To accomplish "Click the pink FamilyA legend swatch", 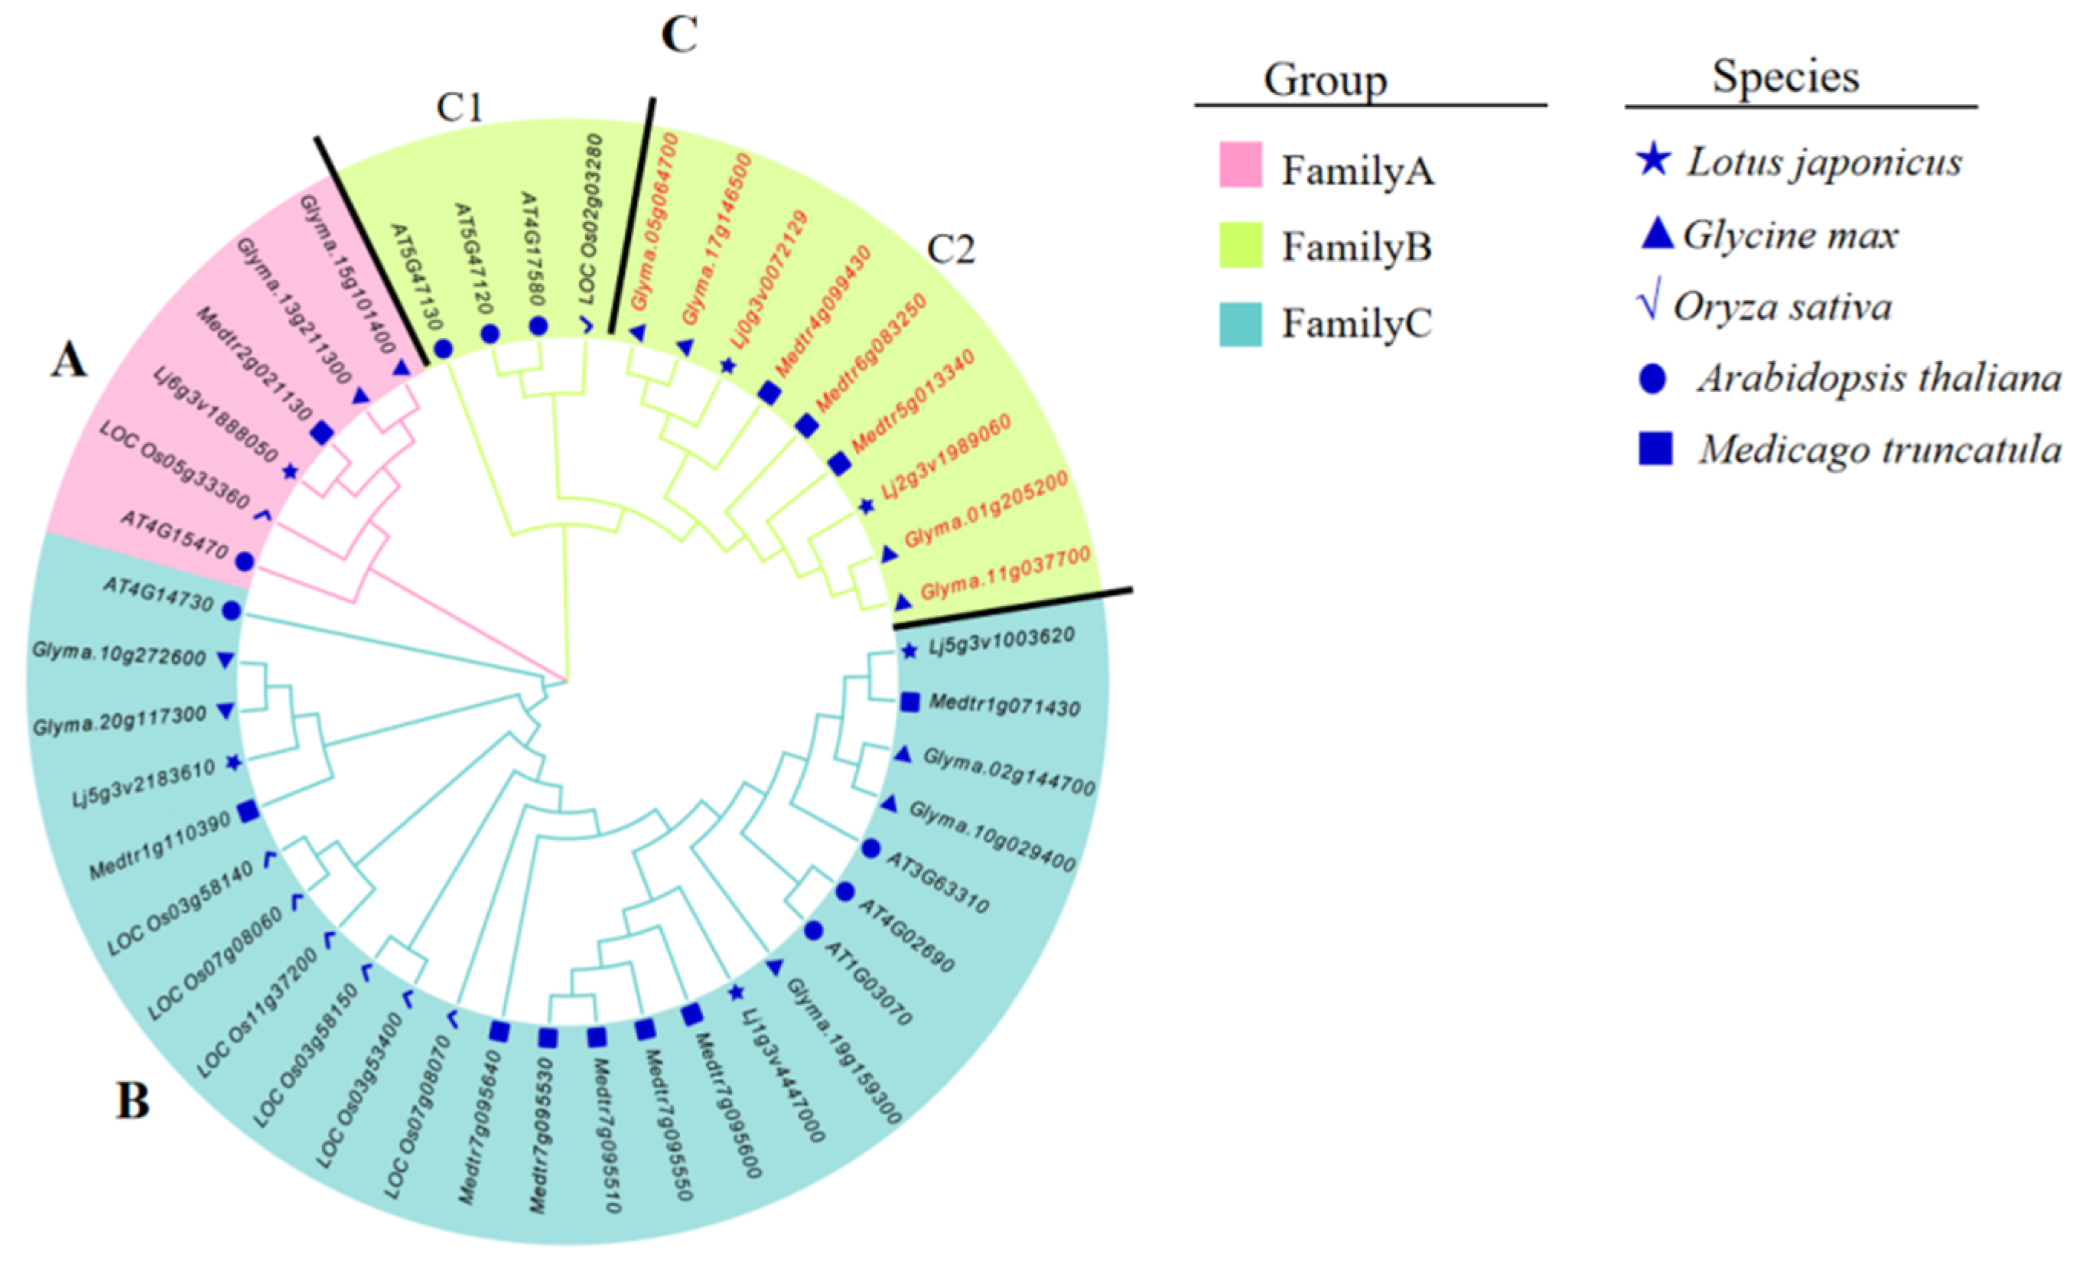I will (1240, 165).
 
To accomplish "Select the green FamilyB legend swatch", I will (1240, 244).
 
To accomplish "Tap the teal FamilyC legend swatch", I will (1240, 324).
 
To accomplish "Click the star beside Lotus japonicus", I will (1654, 160).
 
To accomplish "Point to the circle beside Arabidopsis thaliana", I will (1652, 380).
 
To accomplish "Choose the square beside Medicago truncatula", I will (1655, 448).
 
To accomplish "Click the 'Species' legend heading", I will (1785, 77).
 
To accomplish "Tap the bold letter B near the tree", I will (132, 1100).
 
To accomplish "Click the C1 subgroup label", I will (459, 108).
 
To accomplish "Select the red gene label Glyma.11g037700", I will (1005, 573).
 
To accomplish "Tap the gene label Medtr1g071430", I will (1004, 706).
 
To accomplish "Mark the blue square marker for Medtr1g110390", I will (248, 812).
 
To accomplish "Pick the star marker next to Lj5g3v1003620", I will (909, 650).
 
